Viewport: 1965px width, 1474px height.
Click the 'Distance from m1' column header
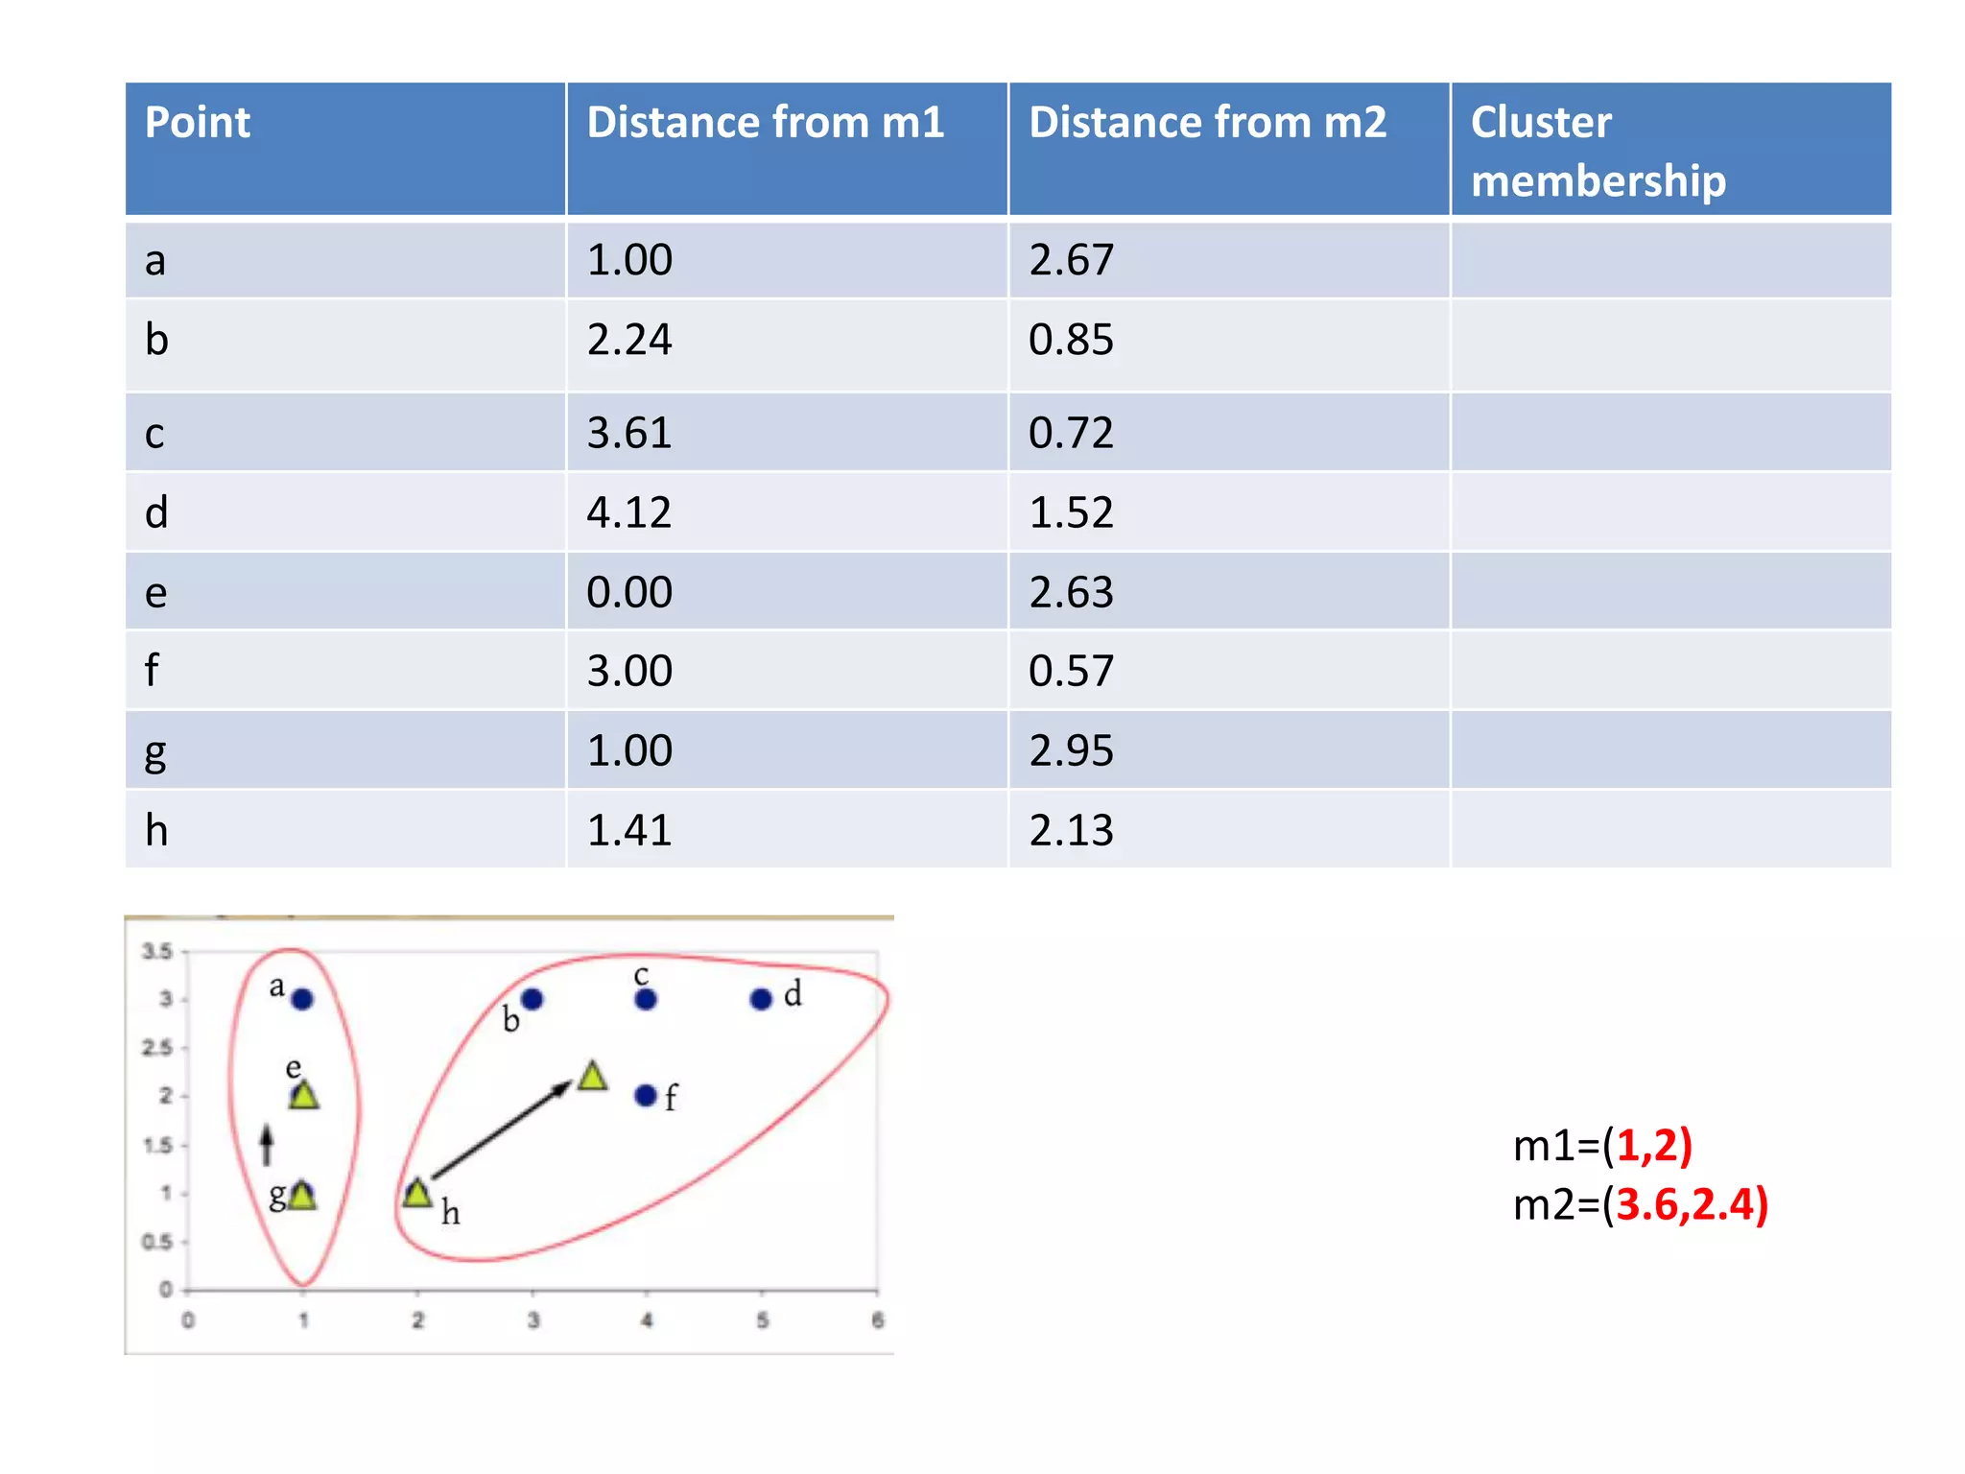(x=766, y=123)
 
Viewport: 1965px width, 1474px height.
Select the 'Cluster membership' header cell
(x=1598, y=151)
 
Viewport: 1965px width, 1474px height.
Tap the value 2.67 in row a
(x=1071, y=260)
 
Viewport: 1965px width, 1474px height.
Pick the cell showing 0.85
(x=1071, y=340)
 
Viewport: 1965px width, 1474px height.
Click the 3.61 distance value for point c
(x=628, y=433)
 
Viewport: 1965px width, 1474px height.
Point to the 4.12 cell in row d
(x=628, y=512)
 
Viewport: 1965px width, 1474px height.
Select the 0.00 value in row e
(x=628, y=592)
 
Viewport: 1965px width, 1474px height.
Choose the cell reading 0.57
(x=1071, y=671)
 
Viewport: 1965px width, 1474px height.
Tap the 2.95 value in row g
(x=1071, y=750)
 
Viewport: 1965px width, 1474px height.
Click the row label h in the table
(x=156, y=830)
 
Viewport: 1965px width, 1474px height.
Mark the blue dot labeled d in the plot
(x=761, y=1000)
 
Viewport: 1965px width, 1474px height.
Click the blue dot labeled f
(x=646, y=1096)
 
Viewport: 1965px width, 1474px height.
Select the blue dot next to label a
(x=302, y=1000)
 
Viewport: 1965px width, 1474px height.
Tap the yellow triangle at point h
(x=417, y=1195)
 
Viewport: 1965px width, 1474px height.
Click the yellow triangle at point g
(x=302, y=1196)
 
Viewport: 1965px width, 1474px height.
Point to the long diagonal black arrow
(x=499, y=1130)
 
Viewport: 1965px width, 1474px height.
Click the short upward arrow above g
(x=268, y=1145)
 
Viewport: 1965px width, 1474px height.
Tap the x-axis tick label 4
(x=647, y=1320)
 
